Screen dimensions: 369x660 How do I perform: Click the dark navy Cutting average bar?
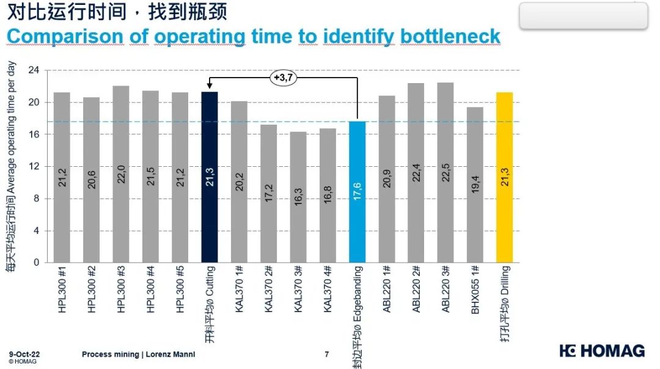click(210, 177)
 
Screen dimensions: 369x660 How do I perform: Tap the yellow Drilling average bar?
click(504, 177)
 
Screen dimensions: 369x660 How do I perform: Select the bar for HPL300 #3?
click(121, 174)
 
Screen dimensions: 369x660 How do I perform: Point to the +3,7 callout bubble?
click(283, 78)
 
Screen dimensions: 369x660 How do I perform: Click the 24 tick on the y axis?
click(34, 70)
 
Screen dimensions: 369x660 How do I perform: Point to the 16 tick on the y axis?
click(34, 134)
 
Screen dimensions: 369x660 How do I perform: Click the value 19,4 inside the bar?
click(475, 184)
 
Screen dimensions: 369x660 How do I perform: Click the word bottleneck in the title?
click(450, 36)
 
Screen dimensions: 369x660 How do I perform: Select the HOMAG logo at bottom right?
click(602, 351)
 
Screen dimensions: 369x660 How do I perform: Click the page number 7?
click(327, 354)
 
